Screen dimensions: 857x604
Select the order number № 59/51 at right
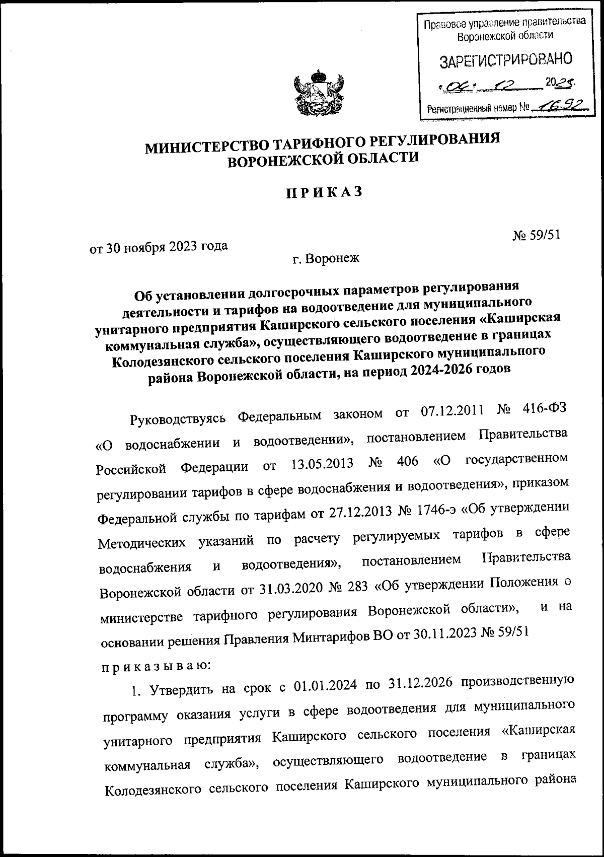(536, 236)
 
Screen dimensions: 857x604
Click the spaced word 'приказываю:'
(157, 666)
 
